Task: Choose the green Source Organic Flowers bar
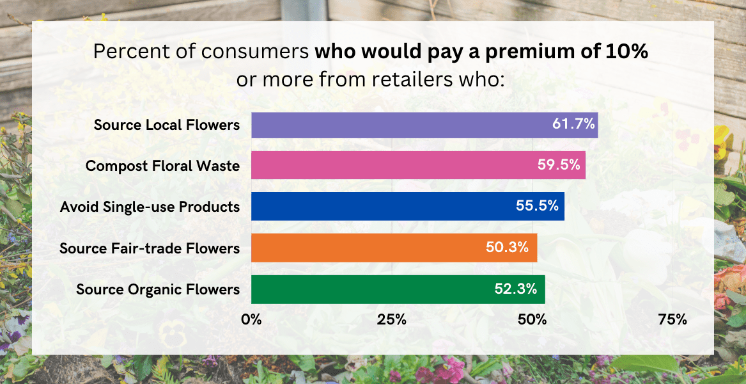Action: (x=371, y=289)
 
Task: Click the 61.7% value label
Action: (x=574, y=124)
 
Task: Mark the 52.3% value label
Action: (x=515, y=289)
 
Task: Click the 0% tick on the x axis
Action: (x=251, y=319)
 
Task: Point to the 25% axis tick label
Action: (x=392, y=319)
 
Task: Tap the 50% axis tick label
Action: (x=532, y=319)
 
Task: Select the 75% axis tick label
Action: (x=672, y=319)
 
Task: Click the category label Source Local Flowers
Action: (x=167, y=125)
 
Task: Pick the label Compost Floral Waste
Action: (x=162, y=166)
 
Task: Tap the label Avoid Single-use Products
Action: (x=150, y=207)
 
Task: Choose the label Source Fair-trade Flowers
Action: (x=150, y=248)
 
